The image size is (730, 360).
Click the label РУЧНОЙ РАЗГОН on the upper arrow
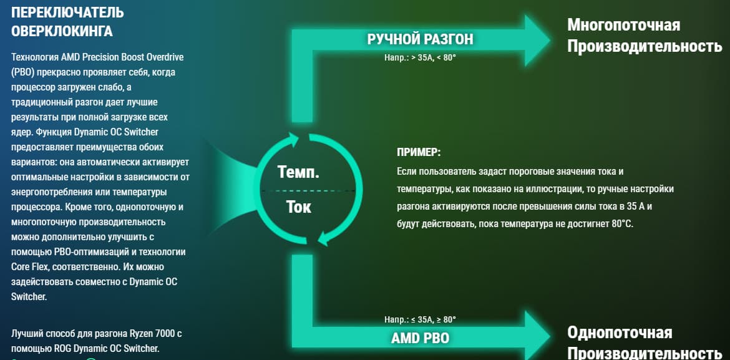coord(420,39)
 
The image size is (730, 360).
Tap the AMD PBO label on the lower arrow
coord(420,338)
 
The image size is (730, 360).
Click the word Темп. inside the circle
coord(298,172)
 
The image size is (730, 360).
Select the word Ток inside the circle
coord(298,207)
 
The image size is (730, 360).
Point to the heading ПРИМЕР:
coord(419,152)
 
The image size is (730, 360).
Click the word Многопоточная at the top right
coord(623,25)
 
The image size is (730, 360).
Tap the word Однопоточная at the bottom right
coord(619,333)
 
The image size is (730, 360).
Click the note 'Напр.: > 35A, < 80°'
coord(420,59)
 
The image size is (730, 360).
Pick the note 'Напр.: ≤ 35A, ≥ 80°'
coord(420,319)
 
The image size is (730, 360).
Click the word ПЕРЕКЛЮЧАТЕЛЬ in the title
coord(67,12)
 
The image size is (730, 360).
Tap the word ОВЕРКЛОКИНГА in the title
coord(61,31)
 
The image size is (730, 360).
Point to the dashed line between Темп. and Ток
coord(308,191)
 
